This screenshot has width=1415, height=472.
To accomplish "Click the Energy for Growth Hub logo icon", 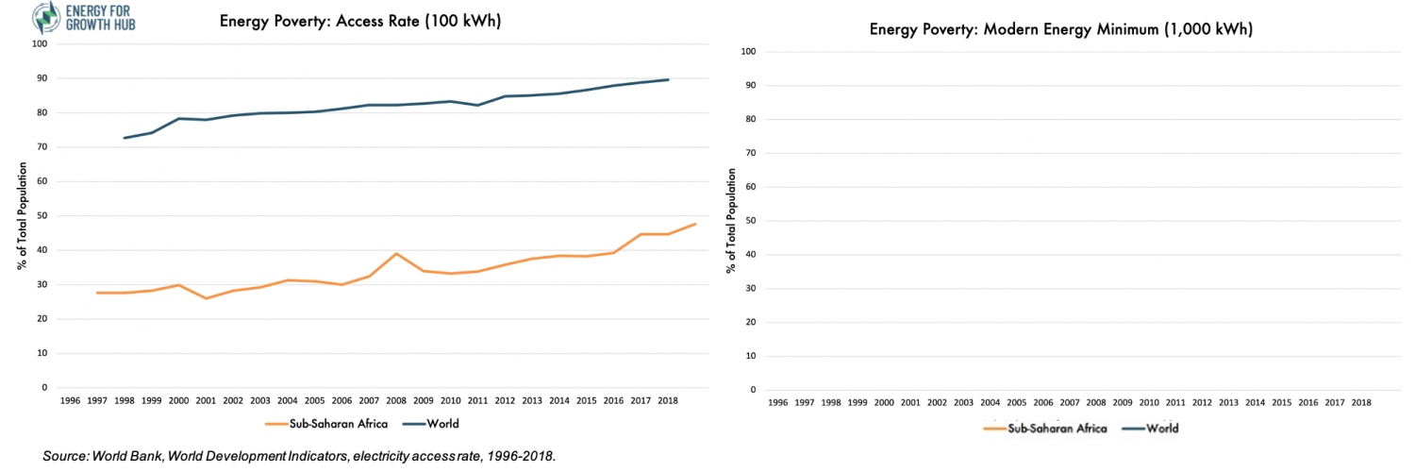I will [x=43, y=17].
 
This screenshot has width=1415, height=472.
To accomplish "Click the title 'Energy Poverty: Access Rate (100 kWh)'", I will [x=361, y=21].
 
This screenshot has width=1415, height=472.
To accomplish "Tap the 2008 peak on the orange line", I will [x=397, y=253].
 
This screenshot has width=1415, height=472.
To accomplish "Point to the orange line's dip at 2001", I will [x=206, y=298].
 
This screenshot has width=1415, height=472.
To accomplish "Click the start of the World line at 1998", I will [x=125, y=138].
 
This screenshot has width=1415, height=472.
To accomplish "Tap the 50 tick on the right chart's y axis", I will [x=751, y=221].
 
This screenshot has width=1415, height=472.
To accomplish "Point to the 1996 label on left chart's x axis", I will [x=70, y=400].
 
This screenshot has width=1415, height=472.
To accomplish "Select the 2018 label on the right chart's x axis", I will [x=1360, y=402].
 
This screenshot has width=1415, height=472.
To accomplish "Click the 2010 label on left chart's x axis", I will [x=452, y=400].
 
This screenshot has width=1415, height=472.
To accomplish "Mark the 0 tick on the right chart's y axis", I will [x=754, y=390].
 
